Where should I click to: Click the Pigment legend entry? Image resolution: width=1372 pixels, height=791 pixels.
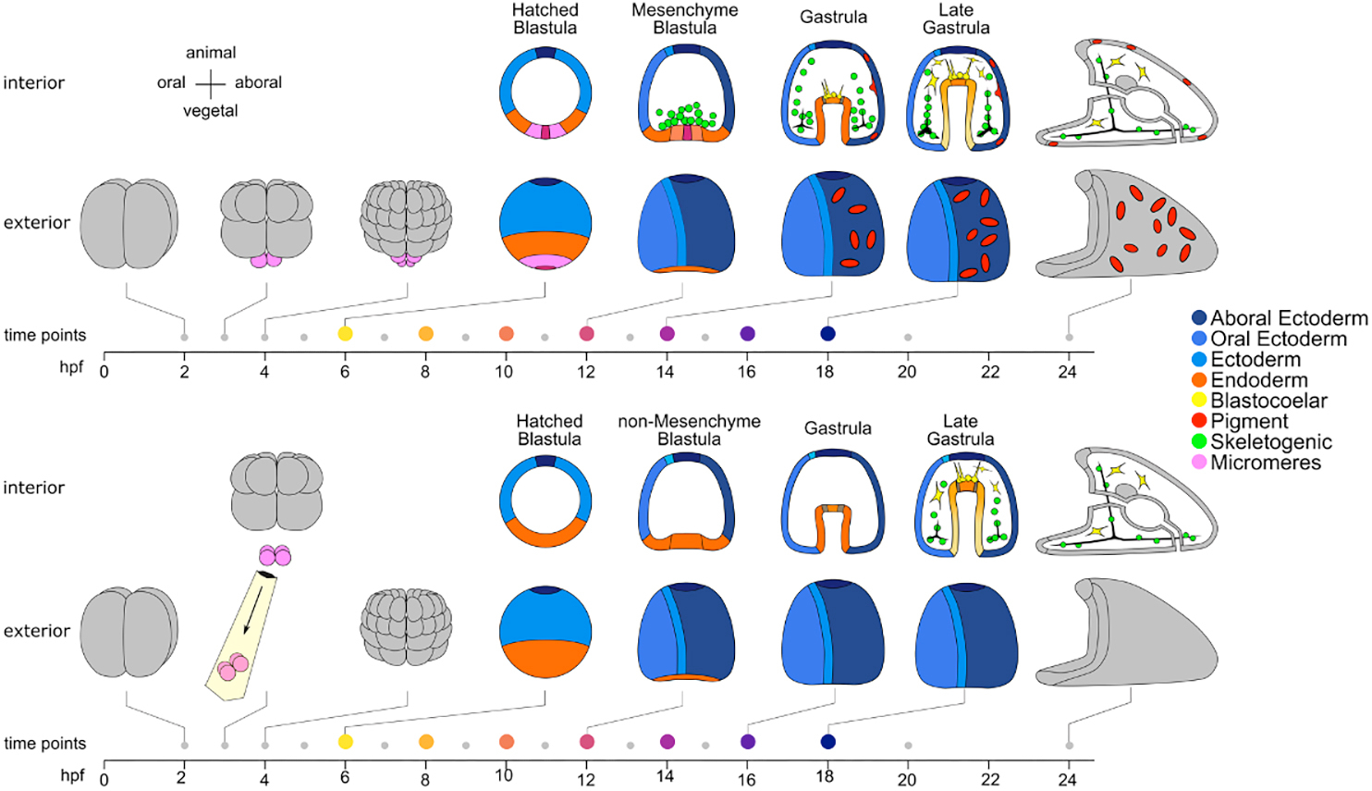[1249, 421]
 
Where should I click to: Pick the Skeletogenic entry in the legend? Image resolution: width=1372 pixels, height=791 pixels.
[1271, 442]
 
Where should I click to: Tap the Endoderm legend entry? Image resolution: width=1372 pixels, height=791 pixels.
[1258, 380]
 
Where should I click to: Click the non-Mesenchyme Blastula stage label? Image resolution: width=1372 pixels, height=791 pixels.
[689, 429]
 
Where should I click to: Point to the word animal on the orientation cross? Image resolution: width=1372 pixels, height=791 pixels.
[211, 53]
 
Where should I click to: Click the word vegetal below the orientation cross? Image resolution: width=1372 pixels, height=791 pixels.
[211, 111]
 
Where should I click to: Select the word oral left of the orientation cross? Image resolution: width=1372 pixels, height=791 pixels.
[171, 82]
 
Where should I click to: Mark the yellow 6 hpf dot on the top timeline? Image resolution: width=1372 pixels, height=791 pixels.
[346, 334]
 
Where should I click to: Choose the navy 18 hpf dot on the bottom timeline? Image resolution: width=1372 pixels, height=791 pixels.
[827, 742]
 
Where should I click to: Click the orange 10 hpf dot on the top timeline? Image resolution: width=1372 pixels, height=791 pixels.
[506, 334]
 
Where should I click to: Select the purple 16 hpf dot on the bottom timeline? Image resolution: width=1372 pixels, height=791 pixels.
[748, 742]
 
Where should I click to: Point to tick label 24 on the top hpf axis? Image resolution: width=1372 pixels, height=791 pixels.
[1068, 372]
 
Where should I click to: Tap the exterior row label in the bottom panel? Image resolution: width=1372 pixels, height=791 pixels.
[37, 631]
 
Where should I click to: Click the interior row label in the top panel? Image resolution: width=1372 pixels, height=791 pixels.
[34, 82]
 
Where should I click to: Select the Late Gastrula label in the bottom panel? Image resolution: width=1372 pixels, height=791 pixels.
[961, 430]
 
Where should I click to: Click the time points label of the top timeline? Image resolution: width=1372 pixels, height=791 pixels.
[45, 335]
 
